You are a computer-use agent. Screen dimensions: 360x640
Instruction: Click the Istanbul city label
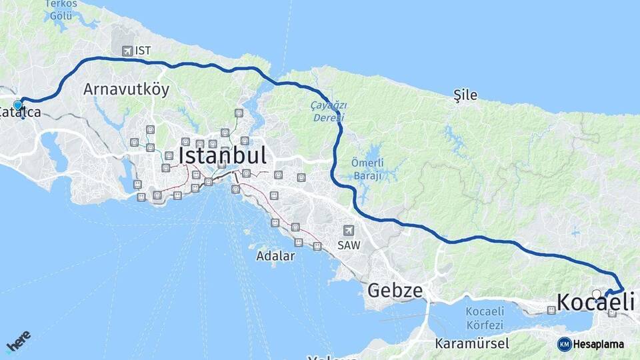223,156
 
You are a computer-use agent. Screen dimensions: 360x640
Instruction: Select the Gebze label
395,291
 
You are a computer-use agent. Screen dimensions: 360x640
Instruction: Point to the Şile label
465,95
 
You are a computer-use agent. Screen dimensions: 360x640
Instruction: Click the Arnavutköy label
126,89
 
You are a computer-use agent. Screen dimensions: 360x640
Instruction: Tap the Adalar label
275,255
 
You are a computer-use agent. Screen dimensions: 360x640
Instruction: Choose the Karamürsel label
471,344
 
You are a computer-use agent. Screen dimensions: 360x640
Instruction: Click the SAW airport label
349,245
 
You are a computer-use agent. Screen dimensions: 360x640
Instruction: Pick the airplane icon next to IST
127,51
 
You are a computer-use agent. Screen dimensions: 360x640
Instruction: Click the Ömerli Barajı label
367,170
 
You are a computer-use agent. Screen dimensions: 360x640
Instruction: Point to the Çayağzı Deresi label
329,111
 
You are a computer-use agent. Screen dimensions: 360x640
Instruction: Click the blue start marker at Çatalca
17,105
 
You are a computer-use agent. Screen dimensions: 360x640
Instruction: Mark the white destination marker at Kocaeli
596,293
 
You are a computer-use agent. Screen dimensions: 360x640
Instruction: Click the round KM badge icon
564,344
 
